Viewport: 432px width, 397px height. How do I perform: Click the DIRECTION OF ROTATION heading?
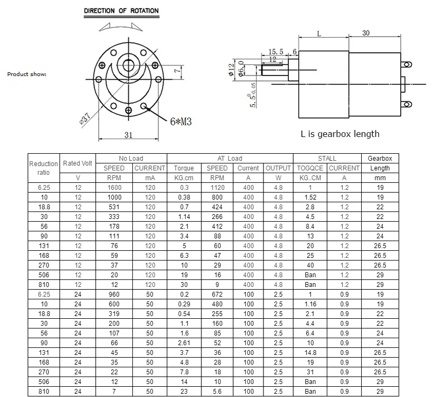point(121,11)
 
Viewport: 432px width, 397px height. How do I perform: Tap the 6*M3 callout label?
point(181,121)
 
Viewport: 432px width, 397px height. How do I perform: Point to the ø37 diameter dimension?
point(85,119)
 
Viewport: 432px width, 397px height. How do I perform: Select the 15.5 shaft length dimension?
point(276,51)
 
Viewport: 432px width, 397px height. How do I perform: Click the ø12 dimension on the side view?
point(231,70)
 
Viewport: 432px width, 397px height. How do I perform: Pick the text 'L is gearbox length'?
point(340,134)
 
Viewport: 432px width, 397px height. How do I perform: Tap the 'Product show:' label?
point(26,74)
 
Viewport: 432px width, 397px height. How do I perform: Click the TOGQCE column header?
point(310,168)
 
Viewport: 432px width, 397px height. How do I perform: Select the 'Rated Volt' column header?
point(77,163)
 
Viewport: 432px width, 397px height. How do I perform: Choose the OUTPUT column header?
point(278,168)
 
